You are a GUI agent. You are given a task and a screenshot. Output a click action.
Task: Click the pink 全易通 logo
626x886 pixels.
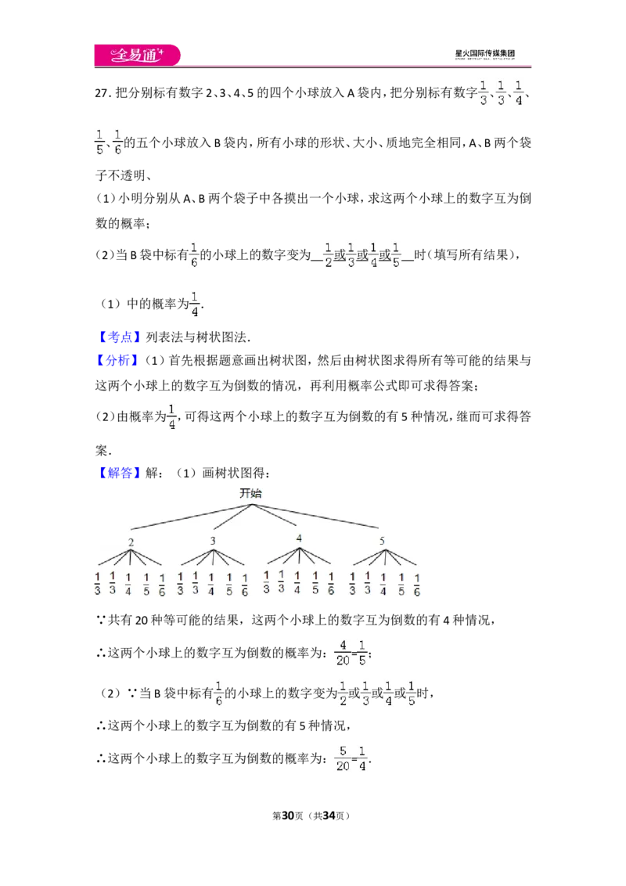tap(137, 55)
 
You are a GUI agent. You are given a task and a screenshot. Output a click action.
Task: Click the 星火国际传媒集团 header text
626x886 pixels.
tap(484, 54)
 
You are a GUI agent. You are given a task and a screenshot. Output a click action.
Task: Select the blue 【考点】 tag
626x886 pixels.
tap(119, 337)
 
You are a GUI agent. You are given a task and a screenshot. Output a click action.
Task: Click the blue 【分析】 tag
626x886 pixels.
tap(119, 361)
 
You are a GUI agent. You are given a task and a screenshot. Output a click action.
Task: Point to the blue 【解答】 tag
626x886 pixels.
tap(119, 473)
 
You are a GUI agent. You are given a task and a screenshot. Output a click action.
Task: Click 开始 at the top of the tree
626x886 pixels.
tap(251, 493)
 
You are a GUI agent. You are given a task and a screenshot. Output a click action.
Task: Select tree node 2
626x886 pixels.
tap(131, 542)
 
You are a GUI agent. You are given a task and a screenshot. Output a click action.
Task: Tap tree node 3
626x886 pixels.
tap(213, 541)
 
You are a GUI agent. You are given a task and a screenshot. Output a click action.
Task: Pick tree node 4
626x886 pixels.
tap(299, 538)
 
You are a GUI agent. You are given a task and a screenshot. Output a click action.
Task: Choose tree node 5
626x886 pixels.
tap(382, 541)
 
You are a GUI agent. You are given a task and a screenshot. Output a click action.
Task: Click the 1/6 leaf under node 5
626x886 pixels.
tap(417, 585)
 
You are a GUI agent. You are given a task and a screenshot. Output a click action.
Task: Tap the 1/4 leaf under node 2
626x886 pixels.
tap(128, 584)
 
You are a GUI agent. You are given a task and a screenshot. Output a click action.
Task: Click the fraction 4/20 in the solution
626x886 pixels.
tap(343, 653)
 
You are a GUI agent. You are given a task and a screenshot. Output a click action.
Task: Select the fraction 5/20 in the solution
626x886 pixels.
tap(343, 758)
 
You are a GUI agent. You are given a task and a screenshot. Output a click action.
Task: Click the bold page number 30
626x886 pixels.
tap(288, 816)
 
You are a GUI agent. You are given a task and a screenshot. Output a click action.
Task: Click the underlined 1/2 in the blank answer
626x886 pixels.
tap(328, 255)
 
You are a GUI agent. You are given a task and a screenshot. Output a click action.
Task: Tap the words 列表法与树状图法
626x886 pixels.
tap(196, 337)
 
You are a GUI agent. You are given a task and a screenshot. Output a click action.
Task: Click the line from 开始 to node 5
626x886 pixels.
tap(315, 516)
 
